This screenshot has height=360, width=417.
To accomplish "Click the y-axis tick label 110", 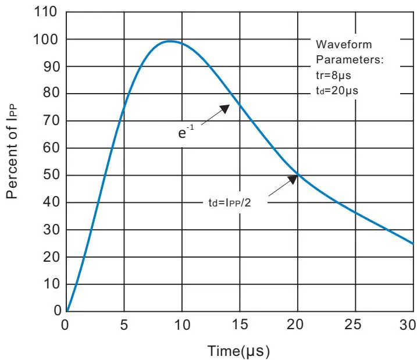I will [x=49, y=12].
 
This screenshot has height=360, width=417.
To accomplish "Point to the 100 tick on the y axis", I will [x=49, y=39].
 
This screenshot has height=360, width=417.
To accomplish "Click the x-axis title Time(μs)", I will [x=238, y=351].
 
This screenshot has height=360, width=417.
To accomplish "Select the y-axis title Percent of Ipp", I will [x=13, y=151].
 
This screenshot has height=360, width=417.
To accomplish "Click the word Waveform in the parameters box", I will [x=343, y=45].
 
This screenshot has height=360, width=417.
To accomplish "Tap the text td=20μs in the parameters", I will [x=332, y=90].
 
